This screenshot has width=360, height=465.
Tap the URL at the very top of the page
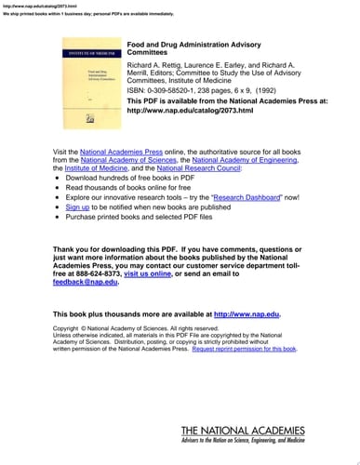point(27,5)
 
